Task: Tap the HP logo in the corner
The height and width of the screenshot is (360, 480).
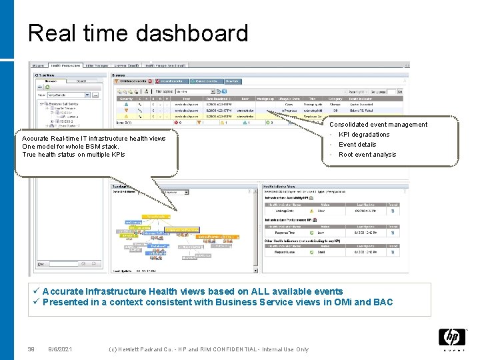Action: [451, 339]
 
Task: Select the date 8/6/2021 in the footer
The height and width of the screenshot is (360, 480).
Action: [61, 349]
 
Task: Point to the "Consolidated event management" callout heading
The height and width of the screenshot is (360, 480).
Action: [378, 125]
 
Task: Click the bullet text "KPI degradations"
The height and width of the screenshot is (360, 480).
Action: [364, 135]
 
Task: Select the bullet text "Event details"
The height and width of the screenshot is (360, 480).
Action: [357, 145]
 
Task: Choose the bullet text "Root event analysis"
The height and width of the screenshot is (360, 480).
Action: [367, 155]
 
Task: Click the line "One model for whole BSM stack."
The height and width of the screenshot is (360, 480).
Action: [71, 147]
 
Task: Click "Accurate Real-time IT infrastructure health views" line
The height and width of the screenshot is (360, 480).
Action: [94, 139]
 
